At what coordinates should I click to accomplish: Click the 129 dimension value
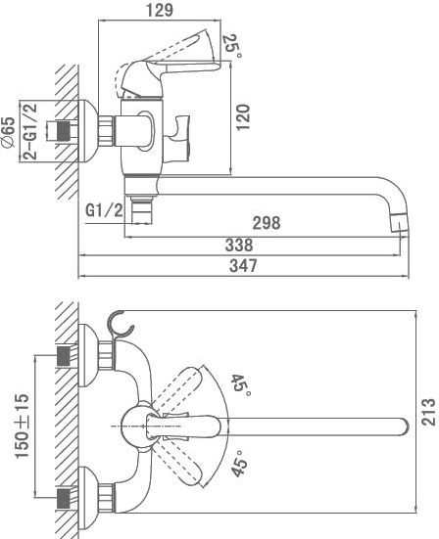pyautogui.click(x=160, y=10)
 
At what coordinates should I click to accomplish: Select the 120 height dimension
pyautogui.click(x=243, y=116)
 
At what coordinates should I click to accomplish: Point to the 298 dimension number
pyautogui.click(x=267, y=223)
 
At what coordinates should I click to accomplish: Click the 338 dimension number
pyautogui.click(x=239, y=246)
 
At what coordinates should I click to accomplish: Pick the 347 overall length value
pyautogui.click(x=243, y=266)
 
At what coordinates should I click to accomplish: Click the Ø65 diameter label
pyautogui.click(x=9, y=132)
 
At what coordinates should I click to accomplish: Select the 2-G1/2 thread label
pyautogui.click(x=30, y=131)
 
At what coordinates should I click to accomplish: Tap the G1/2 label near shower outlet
pyautogui.click(x=104, y=210)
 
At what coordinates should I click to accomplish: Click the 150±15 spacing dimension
pyautogui.click(x=22, y=426)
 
